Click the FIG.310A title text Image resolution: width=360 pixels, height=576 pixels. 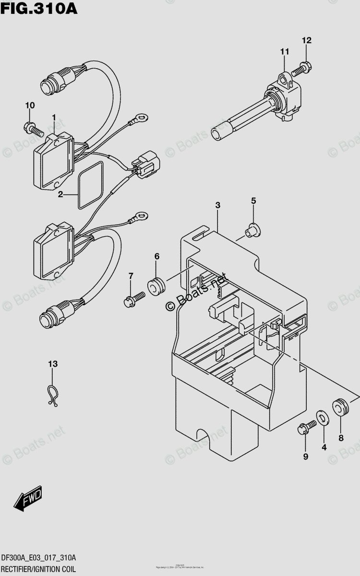[x=39, y=9]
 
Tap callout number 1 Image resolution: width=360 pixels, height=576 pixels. [x=54, y=118]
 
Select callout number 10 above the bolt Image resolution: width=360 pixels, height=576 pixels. [x=30, y=105]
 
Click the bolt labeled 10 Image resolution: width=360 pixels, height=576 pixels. [x=33, y=128]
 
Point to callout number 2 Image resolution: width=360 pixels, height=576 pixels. [x=60, y=194]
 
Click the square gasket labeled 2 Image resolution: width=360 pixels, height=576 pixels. [x=90, y=184]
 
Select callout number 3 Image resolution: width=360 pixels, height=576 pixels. [x=217, y=205]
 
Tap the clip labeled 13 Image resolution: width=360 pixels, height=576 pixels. [x=53, y=395]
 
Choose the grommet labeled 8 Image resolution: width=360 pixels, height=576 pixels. [x=341, y=407]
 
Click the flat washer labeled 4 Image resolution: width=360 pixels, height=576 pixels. [x=323, y=418]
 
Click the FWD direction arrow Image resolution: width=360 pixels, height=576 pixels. [x=29, y=499]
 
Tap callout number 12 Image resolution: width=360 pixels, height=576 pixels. [x=306, y=41]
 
